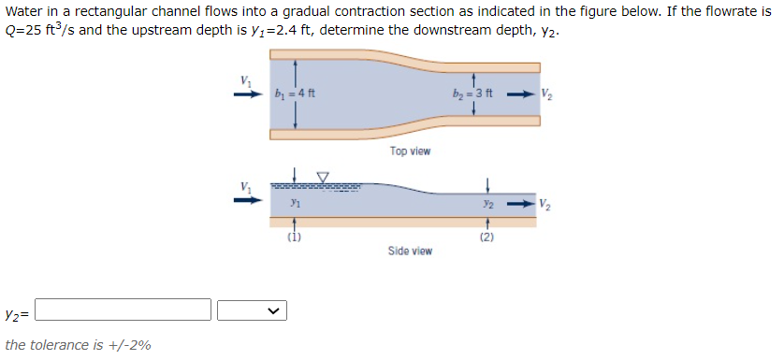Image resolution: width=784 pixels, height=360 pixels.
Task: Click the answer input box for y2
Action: [123, 310]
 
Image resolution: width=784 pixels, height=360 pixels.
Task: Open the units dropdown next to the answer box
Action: [252, 310]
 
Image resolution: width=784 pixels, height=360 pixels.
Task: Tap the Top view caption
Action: [410, 151]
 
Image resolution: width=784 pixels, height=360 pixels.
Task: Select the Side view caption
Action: [410, 251]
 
